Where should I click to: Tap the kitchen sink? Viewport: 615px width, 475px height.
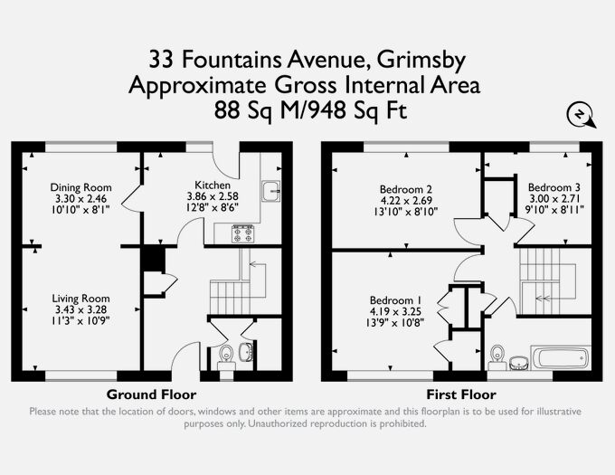[271, 192]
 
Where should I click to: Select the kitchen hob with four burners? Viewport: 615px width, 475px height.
[242, 233]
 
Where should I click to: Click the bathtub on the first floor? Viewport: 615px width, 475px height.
[561, 357]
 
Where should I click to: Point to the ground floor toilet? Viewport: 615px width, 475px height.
[226, 357]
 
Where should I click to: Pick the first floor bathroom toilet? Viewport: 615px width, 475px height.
[497, 357]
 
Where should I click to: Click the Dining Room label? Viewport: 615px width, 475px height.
[80, 187]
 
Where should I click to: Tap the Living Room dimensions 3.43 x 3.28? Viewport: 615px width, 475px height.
[80, 309]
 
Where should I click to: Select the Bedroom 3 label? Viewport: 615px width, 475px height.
[553, 187]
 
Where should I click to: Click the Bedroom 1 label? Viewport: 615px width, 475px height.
[395, 300]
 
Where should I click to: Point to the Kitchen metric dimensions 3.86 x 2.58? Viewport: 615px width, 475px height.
[213, 196]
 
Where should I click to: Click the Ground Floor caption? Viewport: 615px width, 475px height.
[151, 394]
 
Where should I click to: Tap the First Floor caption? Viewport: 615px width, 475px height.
[461, 394]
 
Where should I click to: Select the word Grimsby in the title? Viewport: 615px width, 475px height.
[421, 61]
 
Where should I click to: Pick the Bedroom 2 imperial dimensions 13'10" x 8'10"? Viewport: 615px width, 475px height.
[406, 212]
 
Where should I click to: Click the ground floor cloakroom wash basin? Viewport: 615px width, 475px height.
[247, 351]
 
